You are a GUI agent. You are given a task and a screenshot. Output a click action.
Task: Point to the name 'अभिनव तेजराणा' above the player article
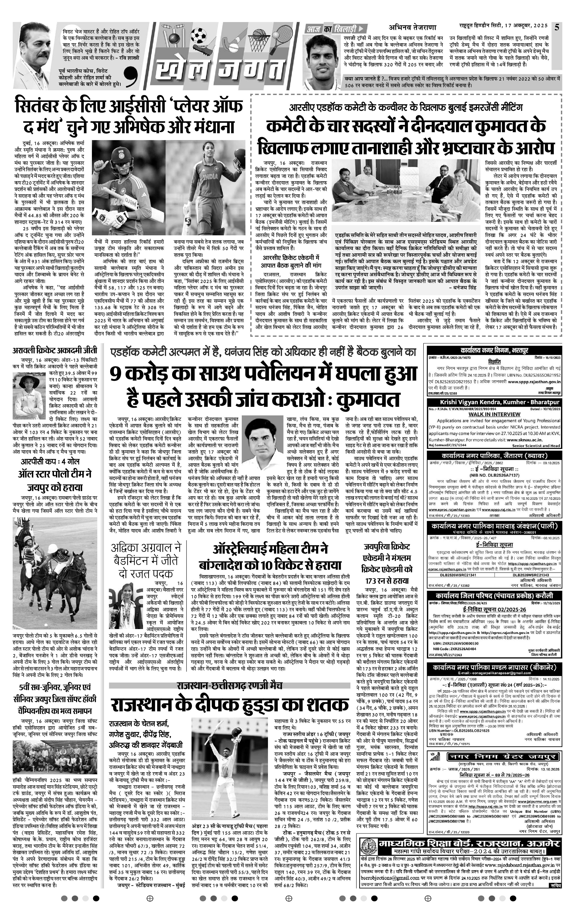point(413,27)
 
